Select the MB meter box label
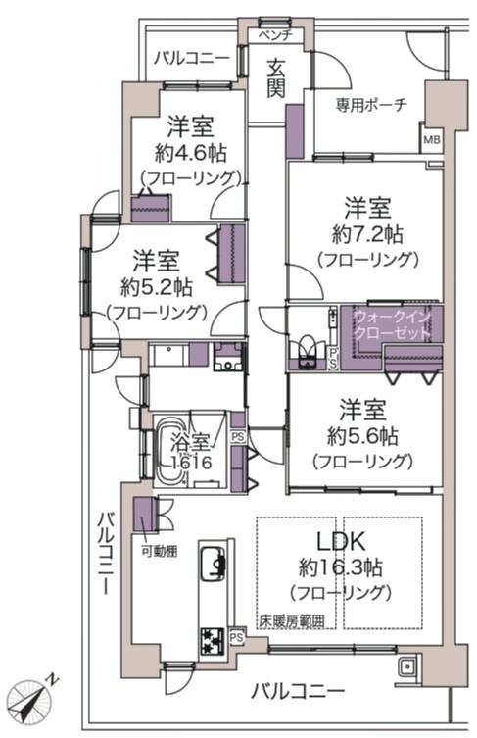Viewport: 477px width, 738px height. coord(431,140)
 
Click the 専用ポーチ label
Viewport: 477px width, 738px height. coord(372,106)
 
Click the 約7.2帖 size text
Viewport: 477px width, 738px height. coord(367,234)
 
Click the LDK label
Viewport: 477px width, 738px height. coord(340,542)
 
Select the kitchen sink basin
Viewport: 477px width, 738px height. coord(213,564)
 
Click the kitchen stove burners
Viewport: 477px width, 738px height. coord(212,640)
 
